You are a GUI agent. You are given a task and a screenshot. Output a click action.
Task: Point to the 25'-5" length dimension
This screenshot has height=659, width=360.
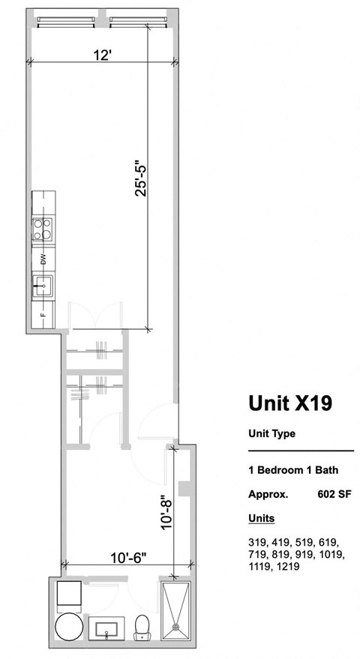point(139,178)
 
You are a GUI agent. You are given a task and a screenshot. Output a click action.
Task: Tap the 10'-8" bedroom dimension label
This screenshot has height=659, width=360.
point(166,510)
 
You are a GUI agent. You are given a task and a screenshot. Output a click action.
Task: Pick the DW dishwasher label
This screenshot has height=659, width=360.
point(43,259)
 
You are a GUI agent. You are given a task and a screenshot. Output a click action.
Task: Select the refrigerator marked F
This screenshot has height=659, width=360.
point(43,313)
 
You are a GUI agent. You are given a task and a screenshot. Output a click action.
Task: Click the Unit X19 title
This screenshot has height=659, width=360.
point(290,403)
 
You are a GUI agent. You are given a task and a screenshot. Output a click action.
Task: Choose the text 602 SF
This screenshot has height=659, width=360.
point(335,494)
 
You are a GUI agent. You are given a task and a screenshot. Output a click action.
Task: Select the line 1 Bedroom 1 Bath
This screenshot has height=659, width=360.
point(293,471)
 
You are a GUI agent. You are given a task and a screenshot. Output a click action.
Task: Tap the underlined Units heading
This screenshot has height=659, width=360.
point(261,518)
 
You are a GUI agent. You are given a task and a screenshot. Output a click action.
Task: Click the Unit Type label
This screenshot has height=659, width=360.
point(271,433)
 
